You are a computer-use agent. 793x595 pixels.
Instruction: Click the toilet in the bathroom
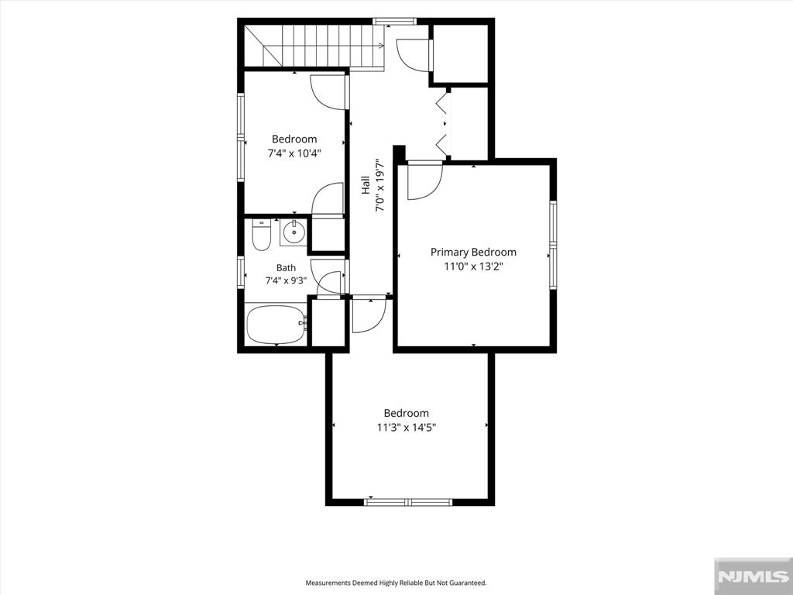[262, 235]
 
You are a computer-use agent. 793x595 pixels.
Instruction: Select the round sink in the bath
[294, 232]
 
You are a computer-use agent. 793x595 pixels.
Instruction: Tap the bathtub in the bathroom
[276, 325]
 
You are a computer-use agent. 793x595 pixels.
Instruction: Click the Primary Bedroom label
[473, 252]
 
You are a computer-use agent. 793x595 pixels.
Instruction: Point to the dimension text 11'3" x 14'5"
[406, 428]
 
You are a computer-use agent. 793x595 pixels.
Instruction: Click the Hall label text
[366, 185]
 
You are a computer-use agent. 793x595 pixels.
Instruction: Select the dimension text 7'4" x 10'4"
[294, 153]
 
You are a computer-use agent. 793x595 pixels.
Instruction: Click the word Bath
[286, 267]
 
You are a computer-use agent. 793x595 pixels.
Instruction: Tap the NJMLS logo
[753, 576]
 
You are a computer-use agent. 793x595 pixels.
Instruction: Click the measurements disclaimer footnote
[396, 583]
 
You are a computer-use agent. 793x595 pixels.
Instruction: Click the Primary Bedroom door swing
[425, 181]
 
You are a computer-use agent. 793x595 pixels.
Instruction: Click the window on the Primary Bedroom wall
[553, 246]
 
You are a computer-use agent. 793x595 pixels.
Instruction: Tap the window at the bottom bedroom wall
[408, 502]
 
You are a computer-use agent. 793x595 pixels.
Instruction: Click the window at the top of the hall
[394, 21]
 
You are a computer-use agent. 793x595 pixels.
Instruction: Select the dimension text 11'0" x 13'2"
[473, 267]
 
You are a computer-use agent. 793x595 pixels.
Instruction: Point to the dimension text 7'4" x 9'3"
[287, 280]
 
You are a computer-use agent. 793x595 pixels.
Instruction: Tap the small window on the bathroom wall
[242, 273]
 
